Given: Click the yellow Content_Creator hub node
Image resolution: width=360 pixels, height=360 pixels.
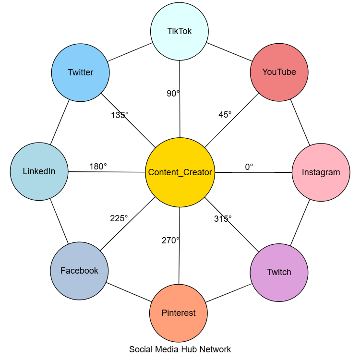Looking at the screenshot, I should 180,172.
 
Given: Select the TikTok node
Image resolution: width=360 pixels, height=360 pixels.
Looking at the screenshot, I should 180,32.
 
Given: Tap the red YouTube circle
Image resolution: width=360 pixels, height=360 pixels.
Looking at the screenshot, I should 279,72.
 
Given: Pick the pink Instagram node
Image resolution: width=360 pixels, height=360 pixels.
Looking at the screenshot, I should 321,172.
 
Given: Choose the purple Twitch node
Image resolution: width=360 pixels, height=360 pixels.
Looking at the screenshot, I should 279,272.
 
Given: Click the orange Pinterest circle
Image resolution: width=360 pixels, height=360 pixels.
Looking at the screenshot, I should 179,313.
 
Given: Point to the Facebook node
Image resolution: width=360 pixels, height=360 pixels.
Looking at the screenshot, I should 79,271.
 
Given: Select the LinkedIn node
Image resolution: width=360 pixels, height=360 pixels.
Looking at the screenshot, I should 39,171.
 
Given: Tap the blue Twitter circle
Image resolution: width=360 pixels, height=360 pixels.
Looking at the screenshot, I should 81,73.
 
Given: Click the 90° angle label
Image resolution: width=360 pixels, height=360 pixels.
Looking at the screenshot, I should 173,94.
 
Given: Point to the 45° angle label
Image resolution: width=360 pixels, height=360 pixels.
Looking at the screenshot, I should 225,115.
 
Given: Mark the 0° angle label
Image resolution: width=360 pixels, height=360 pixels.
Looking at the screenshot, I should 249,167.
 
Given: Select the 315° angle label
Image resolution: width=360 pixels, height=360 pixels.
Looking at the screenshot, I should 223,219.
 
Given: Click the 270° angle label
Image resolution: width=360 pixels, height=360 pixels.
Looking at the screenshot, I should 170,240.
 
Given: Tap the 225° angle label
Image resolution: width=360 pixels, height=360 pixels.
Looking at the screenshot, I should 119,218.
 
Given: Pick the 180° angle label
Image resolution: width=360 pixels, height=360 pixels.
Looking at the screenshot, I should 98,167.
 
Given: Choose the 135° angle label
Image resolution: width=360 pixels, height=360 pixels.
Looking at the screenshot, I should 120,115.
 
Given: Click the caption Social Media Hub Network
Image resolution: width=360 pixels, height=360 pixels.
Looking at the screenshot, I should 180,349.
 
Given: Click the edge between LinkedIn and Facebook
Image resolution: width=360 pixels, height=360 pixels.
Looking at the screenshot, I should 59,221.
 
